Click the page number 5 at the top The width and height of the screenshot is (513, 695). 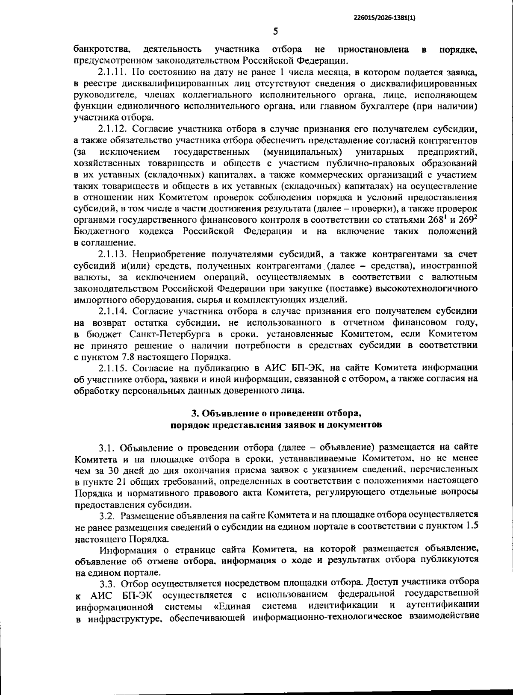click(275, 31)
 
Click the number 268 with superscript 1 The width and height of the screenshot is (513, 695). click(440, 220)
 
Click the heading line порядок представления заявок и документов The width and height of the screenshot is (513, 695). click(275, 425)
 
